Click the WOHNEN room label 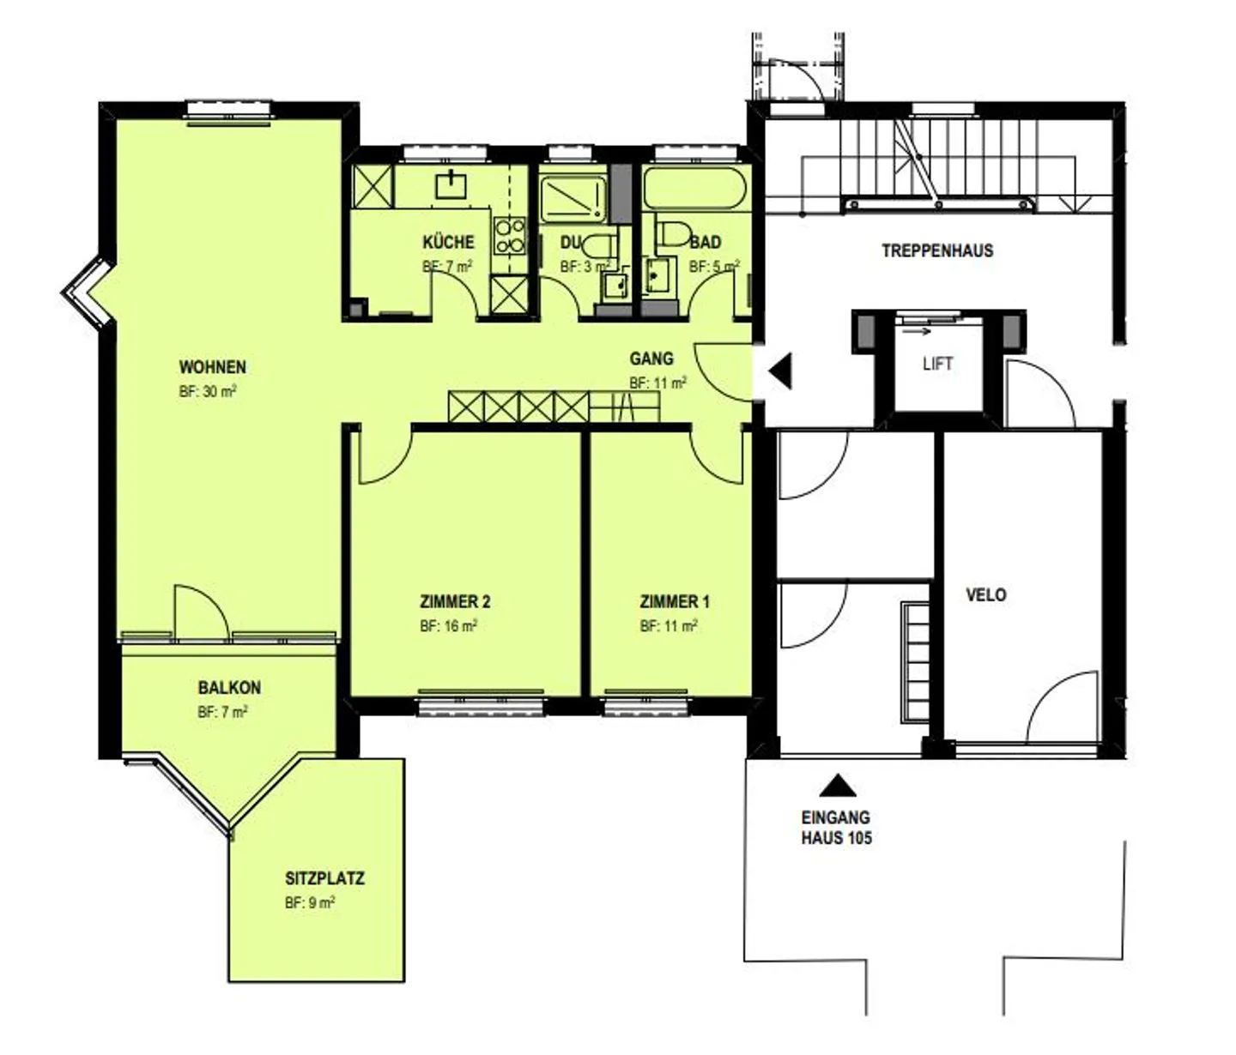pos(212,367)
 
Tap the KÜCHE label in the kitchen pos(448,242)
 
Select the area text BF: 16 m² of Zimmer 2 pos(448,626)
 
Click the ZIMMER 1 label pos(675,602)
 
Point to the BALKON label pos(229,688)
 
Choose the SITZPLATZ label pos(324,878)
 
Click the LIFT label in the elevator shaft pos(937,364)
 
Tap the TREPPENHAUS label pos(937,251)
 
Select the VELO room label pos(985,594)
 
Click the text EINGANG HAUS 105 pos(836,828)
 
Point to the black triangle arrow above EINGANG pos(836,785)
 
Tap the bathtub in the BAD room pos(694,187)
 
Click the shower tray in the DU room pos(572,197)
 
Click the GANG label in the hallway pos(651,359)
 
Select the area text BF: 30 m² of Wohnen pos(208,391)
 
